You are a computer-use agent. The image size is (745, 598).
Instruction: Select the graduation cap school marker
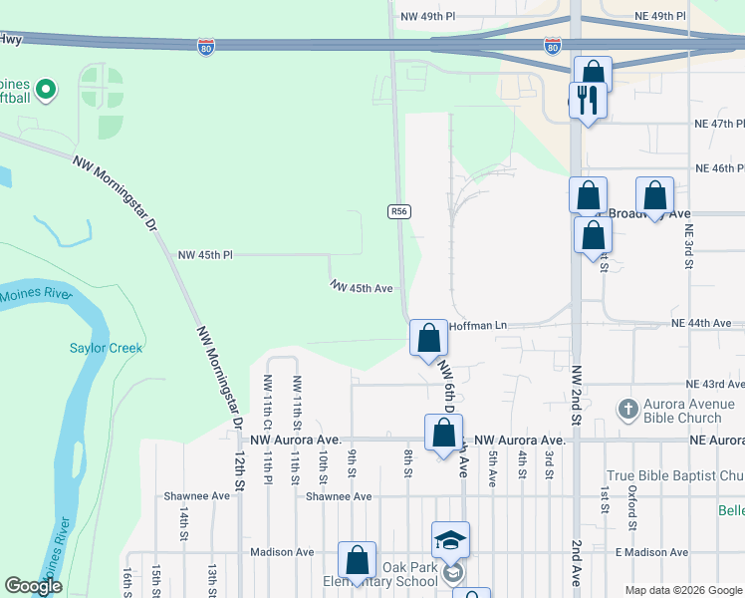click(x=450, y=541)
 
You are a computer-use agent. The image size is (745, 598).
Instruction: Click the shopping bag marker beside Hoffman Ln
click(x=428, y=337)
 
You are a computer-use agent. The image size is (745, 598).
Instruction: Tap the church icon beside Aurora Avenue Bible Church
click(x=627, y=409)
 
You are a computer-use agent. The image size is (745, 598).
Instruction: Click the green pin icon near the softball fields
click(x=45, y=91)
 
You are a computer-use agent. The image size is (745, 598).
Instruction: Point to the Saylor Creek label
click(x=106, y=348)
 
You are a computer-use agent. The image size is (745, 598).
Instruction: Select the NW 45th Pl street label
click(x=204, y=255)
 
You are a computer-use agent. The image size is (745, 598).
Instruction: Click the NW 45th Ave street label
click(x=363, y=287)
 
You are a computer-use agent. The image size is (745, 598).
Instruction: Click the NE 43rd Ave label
click(x=715, y=384)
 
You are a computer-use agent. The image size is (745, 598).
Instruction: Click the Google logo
click(x=33, y=586)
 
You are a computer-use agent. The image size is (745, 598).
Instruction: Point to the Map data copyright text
click(x=682, y=590)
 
